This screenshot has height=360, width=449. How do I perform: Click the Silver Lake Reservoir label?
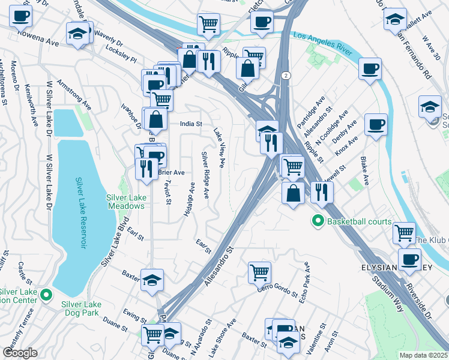coord(79,212)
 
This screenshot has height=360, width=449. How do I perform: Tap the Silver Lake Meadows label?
coord(125,202)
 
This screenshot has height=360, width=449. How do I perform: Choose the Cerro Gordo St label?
coord(278,291)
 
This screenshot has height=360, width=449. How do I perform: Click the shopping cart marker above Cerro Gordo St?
coord(259,272)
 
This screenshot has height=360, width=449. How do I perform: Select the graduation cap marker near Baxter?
coord(152,280)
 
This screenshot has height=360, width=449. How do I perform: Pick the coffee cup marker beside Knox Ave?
coord(376,124)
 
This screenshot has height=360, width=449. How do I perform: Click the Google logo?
coord(20,353)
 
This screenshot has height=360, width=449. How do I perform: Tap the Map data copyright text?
coord(424,355)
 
